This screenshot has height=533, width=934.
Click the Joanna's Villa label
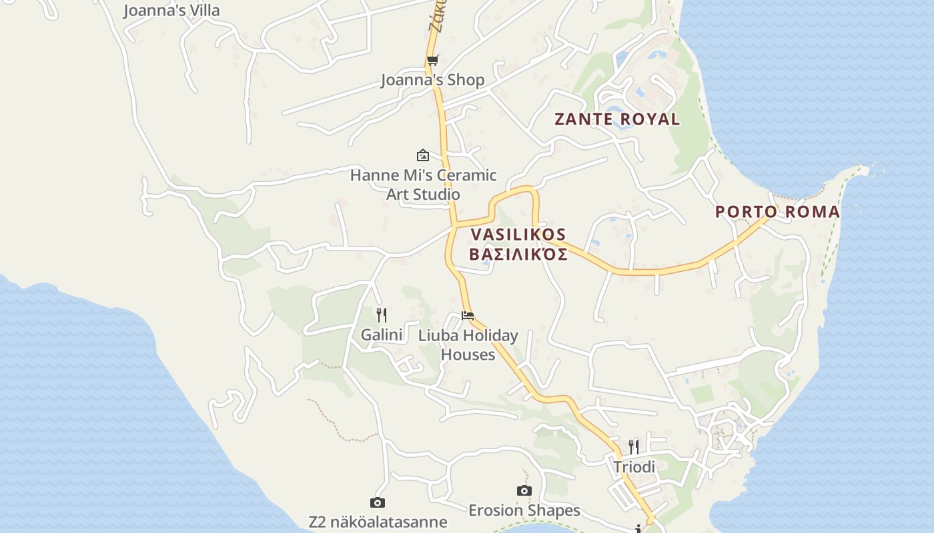pyautogui.click(x=171, y=11)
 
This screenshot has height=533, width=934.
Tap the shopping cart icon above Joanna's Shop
pyautogui.click(x=432, y=61)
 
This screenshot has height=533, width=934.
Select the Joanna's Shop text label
pyautogui.click(x=432, y=80)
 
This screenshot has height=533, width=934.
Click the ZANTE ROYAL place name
pyautogui.click(x=617, y=119)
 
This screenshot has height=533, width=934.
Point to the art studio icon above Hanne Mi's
pyautogui.click(x=423, y=155)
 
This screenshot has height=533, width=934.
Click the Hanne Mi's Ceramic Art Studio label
pyautogui.click(x=424, y=185)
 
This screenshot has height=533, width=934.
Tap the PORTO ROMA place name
pyautogui.click(x=777, y=212)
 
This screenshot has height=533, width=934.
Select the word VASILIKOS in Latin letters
pyautogui.click(x=518, y=235)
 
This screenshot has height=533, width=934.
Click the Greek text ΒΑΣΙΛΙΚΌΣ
pyautogui.click(x=518, y=254)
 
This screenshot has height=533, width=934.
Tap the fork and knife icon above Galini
pyautogui.click(x=382, y=314)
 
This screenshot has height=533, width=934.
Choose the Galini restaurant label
pyautogui.click(x=382, y=334)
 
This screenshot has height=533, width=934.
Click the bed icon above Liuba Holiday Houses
pyautogui.click(x=468, y=315)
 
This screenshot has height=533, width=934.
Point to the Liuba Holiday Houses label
pyautogui.click(x=468, y=344)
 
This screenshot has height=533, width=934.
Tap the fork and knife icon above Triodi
pyautogui.click(x=634, y=446)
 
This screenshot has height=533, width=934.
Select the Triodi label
pyautogui.click(x=634, y=467)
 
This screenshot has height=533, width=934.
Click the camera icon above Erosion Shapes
pyautogui.click(x=524, y=491)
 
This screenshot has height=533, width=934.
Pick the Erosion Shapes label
pyautogui.click(x=524, y=510)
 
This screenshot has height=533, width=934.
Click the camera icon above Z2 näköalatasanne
pyautogui.click(x=378, y=502)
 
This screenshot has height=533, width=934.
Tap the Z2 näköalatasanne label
pyautogui.click(x=378, y=522)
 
